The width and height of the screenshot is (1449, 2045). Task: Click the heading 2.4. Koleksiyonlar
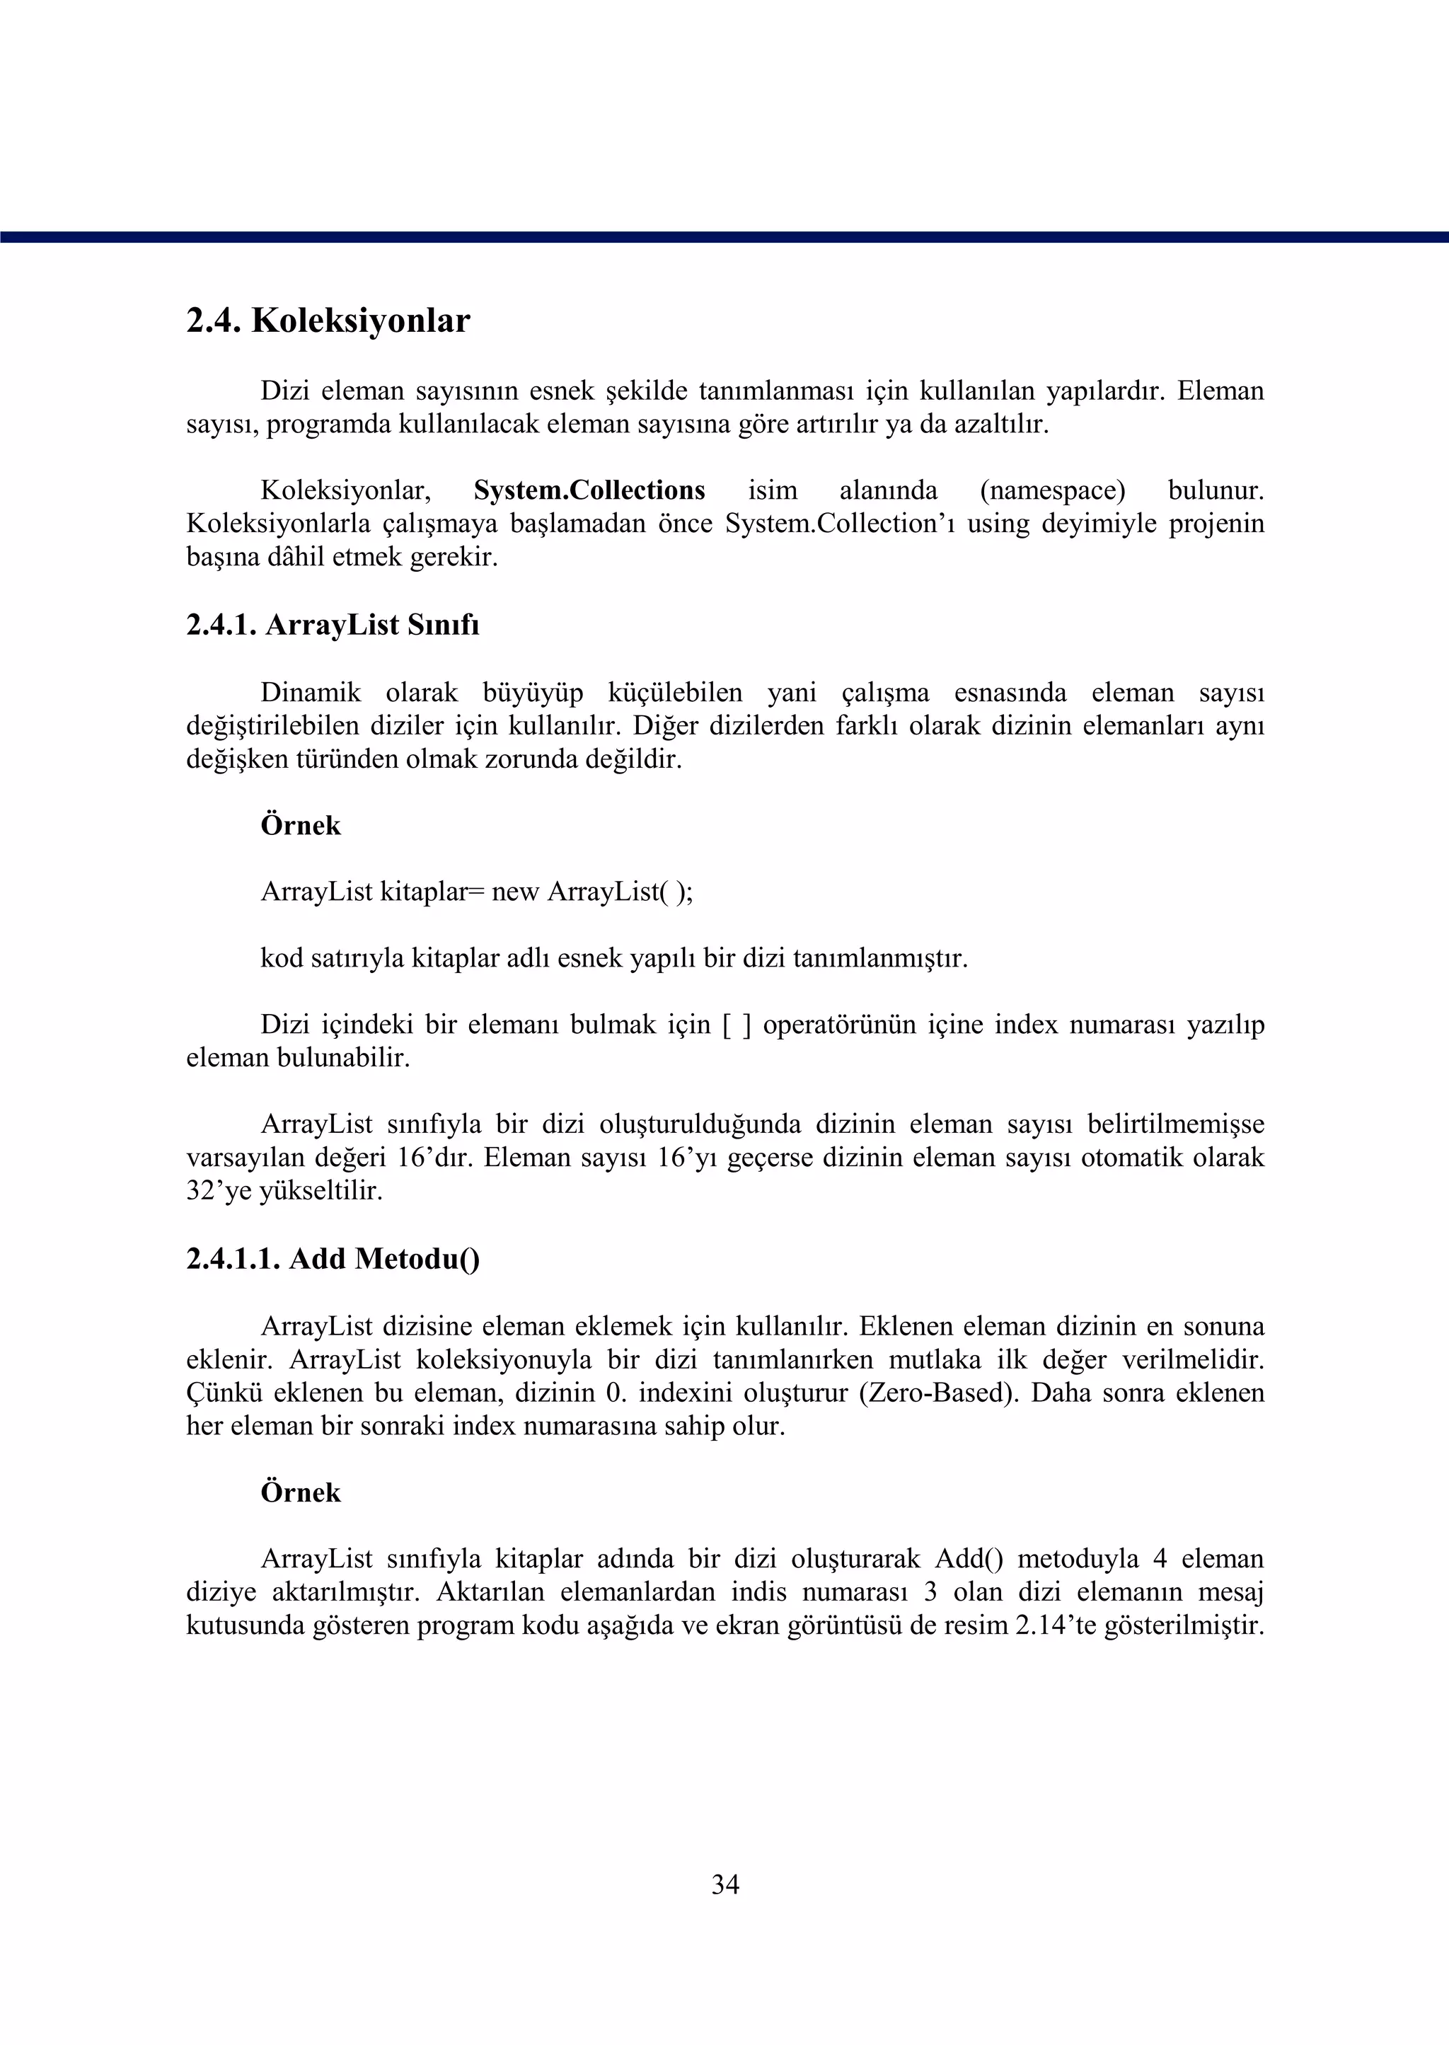(x=328, y=321)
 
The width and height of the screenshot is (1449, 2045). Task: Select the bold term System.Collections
(x=589, y=490)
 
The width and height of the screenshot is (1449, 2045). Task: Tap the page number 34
(x=724, y=1884)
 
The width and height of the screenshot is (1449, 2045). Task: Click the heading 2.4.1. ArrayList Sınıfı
(x=333, y=626)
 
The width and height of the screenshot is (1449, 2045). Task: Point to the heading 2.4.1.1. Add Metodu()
(x=333, y=1259)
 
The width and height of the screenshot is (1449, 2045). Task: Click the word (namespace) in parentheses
(x=1052, y=490)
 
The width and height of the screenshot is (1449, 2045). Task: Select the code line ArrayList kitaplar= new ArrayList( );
(x=476, y=892)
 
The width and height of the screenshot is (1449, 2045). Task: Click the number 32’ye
(x=219, y=1191)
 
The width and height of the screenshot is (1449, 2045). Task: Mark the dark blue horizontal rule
(x=724, y=237)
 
